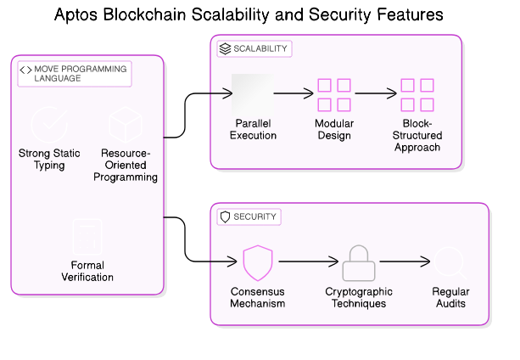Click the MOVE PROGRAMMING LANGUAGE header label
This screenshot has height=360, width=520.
(x=81, y=73)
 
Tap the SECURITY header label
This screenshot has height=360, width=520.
(x=254, y=217)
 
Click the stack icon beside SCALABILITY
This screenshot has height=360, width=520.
(x=225, y=49)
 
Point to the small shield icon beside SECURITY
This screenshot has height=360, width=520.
(x=225, y=217)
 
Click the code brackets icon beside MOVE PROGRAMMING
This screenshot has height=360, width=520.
(x=25, y=69)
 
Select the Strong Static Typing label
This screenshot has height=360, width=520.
(x=49, y=160)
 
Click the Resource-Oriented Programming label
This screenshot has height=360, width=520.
(x=126, y=166)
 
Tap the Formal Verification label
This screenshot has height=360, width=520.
(x=87, y=271)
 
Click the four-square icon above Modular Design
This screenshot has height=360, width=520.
(x=333, y=94)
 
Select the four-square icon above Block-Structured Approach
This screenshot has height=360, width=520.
(x=417, y=94)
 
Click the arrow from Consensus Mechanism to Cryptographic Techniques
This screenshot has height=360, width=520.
(x=308, y=263)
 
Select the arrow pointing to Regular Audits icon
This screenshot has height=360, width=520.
(x=405, y=263)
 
